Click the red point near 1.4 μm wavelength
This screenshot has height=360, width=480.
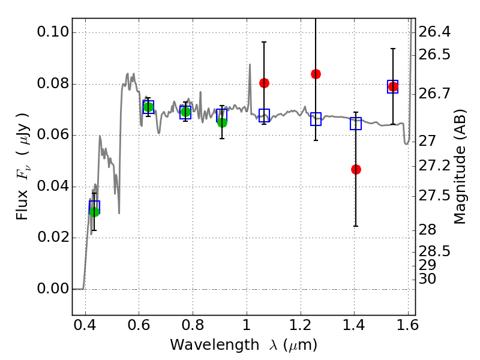pyautogui.click(x=356, y=169)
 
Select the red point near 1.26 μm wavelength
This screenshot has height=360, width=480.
pyautogui.click(x=316, y=74)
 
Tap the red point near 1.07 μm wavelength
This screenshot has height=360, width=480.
pyautogui.click(x=264, y=83)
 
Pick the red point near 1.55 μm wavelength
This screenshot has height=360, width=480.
pyautogui.click(x=393, y=87)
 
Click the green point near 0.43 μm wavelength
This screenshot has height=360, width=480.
pyautogui.click(x=94, y=211)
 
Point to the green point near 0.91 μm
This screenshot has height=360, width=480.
pyautogui.click(x=222, y=122)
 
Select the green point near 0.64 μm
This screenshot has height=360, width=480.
pyautogui.click(x=148, y=107)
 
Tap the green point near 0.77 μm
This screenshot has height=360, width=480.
pyautogui.click(x=185, y=112)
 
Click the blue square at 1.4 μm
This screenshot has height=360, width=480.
pyautogui.click(x=356, y=124)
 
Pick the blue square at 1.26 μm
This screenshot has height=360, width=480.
pyautogui.click(x=316, y=119)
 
